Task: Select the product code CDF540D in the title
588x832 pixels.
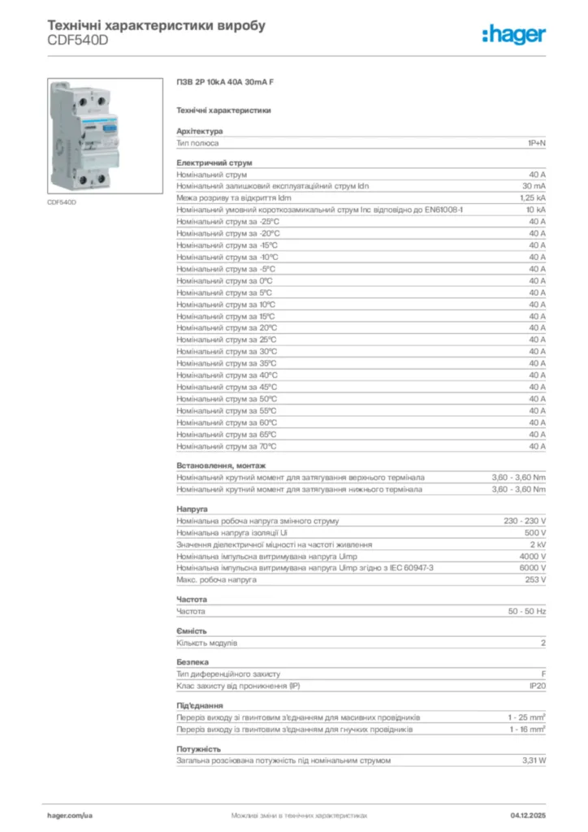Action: (x=78, y=41)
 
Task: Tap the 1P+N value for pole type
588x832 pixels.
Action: (x=536, y=143)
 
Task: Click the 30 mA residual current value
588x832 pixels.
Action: (x=534, y=186)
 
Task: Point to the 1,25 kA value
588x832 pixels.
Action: (x=533, y=197)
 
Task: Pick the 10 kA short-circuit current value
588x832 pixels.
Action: (x=535, y=210)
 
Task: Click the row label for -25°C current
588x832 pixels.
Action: (x=228, y=222)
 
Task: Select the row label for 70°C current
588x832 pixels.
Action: (x=227, y=446)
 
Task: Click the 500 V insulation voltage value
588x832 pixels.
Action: (x=535, y=532)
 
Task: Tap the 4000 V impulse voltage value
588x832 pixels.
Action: (x=533, y=556)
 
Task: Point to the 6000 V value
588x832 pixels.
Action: (x=533, y=568)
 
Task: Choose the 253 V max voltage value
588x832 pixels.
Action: (x=535, y=580)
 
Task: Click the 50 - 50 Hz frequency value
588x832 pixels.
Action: (x=527, y=611)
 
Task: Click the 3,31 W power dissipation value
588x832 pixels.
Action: (x=534, y=760)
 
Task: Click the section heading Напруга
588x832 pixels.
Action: (x=192, y=509)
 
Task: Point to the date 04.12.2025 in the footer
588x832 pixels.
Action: (x=528, y=814)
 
